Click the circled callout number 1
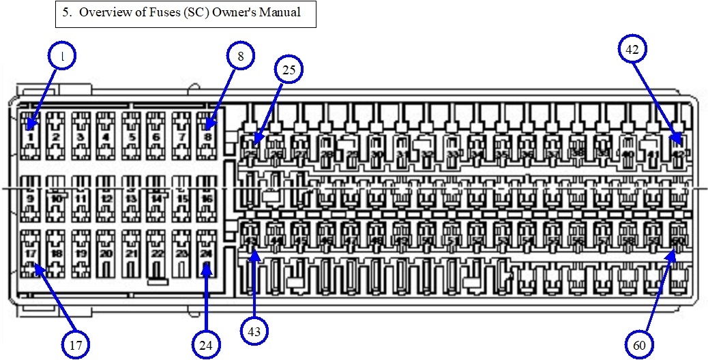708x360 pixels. (x=63, y=58)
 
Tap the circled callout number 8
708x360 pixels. (x=241, y=57)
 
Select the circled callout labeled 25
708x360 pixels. (x=288, y=70)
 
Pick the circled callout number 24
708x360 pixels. (x=206, y=344)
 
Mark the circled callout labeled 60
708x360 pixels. (x=639, y=345)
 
